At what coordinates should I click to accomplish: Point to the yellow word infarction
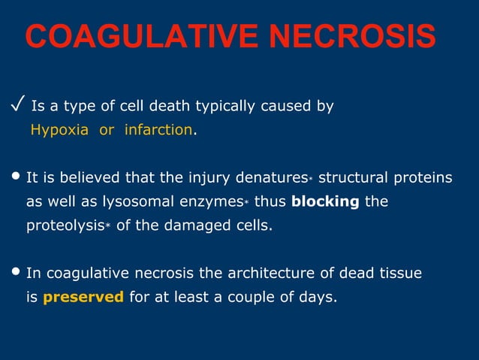[158, 130]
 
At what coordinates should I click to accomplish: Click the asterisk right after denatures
[310, 179]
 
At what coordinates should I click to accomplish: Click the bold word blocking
[325, 202]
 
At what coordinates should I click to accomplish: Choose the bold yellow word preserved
[83, 297]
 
